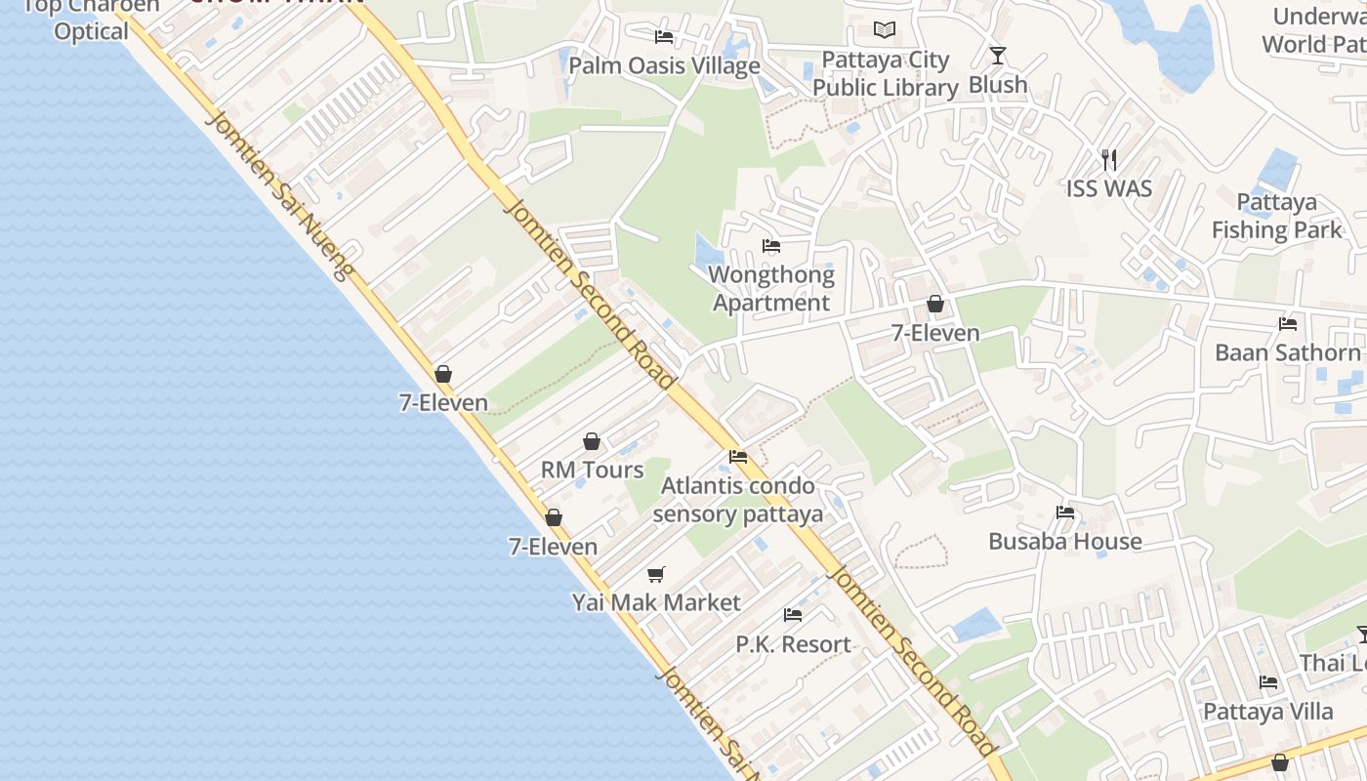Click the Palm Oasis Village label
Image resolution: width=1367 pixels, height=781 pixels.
pyautogui.click(x=664, y=66)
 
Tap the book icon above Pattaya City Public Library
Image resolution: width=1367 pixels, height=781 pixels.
pyautogui.click(x=885, y=30)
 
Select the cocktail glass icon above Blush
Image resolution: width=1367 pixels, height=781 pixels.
pyautogui.click(x=997, y=56)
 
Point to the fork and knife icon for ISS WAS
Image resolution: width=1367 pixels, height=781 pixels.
pyautogui.click(x=1108, y=158)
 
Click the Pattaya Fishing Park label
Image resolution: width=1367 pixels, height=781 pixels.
pyautogui.click(x=1277, y=216)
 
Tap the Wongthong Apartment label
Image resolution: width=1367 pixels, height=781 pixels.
pyautogui.click(x=771, y=289)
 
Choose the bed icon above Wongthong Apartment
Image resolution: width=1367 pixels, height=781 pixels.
pyautogui.click(x=771, y=245)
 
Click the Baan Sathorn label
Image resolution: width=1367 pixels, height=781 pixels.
pyautogui.click(x=1287, y=352)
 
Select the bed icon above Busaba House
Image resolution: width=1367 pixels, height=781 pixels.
pyautogui.click(x=1065, y=512)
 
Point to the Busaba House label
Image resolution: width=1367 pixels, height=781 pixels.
pyautogui.click(x=1065, y=541)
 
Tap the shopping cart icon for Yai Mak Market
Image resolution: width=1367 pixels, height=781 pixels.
pyautogui.click(x=656, y=574)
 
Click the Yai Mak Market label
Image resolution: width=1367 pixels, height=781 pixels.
pyautogui.click(x=656, y=602)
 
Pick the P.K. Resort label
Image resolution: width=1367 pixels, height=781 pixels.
pyautogui.click(x=793, y=644)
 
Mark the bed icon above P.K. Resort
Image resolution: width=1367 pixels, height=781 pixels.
pyautogui.click(x=793, y=615)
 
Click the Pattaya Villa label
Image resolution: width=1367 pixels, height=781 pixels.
pyautogui.click(x=1268, y=712)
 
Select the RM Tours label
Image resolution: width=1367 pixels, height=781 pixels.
pyautogui.click(x=593, y=470)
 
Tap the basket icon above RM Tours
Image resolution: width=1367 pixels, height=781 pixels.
pyautogui.click(x=591, y=441)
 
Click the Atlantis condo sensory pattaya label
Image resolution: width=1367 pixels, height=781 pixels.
pyautogui.click(x=738, y=500)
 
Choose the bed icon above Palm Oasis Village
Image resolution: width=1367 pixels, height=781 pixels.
pyautogui.click(x=664, y=37)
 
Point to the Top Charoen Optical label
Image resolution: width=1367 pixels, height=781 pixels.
pyautogui.click(x=90, y=20)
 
